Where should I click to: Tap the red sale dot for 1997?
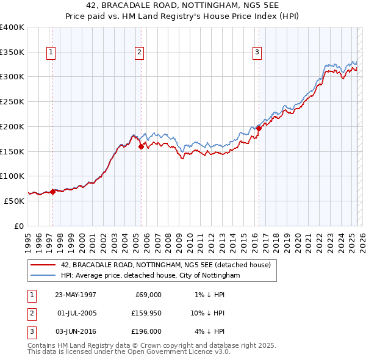coord(52,192)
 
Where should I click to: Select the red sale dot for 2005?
coord(141,146)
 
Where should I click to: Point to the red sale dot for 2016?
coord(259,128)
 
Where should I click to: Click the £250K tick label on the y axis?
coord(12,101)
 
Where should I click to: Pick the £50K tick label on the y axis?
coord(15,201)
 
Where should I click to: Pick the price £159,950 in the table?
coord(145,313)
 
